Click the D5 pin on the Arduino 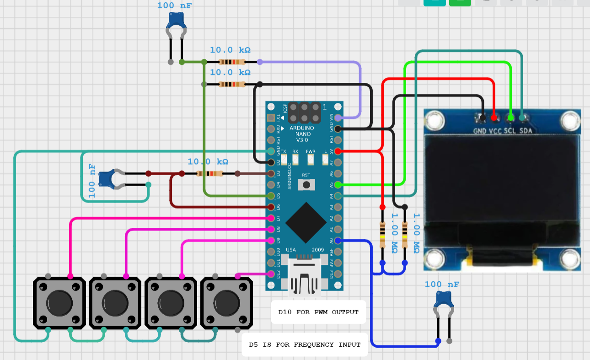[x=271, y=196]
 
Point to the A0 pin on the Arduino [x=338, y=241]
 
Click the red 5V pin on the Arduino [x=338, y=151]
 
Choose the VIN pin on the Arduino [x=338, y=118]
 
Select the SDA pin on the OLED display [x=522, y=118]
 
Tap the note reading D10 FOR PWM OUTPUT [x=318, y=312]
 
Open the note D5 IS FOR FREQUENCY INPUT [x=305, y=344]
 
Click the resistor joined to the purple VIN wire [x=232, y=62]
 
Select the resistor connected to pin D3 [x=209, y=174]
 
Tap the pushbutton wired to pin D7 [x=59, y=302]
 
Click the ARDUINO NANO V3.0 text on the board [x=301, y=134]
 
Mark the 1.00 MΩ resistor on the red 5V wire [x=382, y=235]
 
